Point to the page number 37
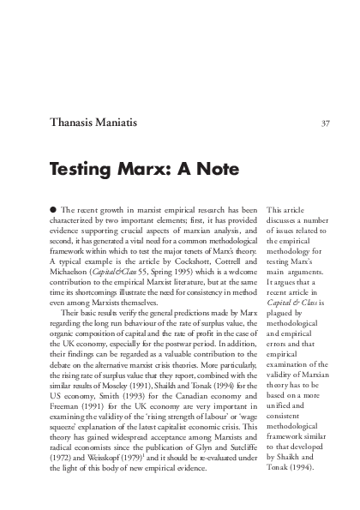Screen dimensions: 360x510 pos(325,123)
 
